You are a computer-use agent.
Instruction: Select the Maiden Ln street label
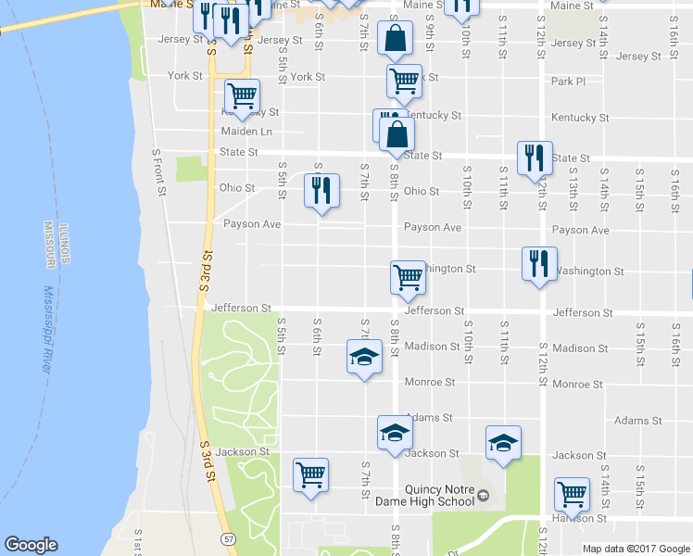[x=246, y=132]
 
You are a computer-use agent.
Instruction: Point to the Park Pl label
[x=568, y=82]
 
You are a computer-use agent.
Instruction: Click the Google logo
[x=31, y=545]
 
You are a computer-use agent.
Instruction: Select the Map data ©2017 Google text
[x=636, y=549]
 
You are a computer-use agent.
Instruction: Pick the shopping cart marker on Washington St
[x=408, y=276]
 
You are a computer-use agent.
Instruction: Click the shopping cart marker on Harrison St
[x=572, y=494]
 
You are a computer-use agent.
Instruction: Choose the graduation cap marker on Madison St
[x=364, y=357]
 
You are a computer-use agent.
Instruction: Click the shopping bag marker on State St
[x=397, y=133]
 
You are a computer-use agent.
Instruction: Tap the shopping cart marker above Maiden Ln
[x=242, y=95]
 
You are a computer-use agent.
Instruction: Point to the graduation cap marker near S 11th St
[x=503, y=443]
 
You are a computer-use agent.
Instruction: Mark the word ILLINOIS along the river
[x=64, y=242]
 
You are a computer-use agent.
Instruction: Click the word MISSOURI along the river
[x=48, y=246]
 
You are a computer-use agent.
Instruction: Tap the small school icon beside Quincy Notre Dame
[x=483, y=498]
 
